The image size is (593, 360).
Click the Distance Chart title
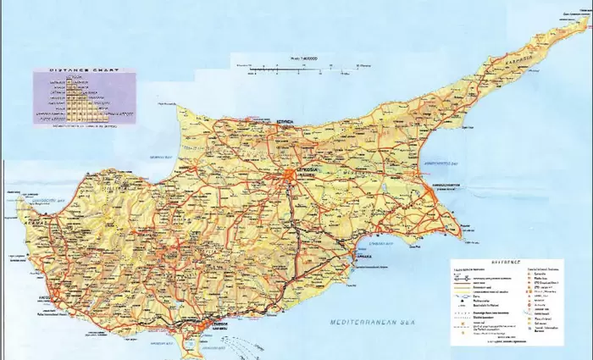[84, 70]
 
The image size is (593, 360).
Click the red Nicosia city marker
[290, 176]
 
